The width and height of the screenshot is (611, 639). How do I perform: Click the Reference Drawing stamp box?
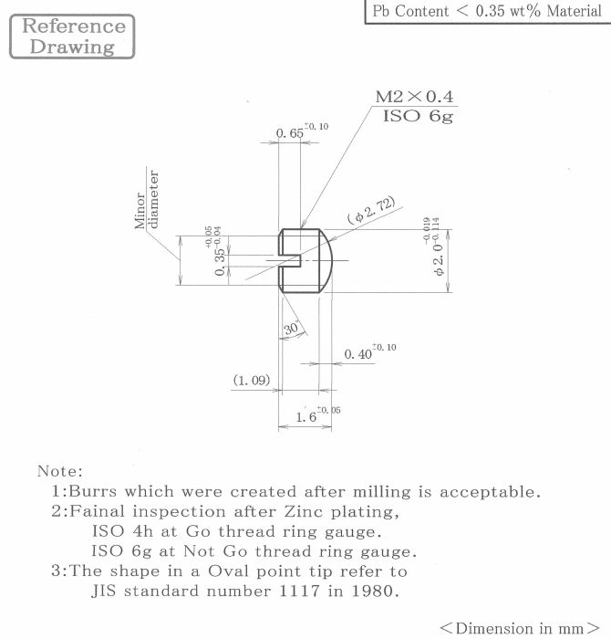72,37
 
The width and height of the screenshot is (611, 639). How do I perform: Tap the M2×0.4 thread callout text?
414,97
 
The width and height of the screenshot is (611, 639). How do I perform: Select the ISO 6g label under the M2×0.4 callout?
418,116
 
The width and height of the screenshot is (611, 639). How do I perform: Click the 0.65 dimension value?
289,133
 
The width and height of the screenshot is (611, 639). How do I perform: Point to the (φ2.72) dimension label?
371,210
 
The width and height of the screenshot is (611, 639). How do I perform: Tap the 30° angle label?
292,328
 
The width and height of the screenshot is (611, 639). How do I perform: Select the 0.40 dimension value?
358,354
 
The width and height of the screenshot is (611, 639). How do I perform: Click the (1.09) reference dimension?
252,381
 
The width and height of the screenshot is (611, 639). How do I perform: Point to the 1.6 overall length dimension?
306,417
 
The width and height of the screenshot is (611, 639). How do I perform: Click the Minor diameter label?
146,199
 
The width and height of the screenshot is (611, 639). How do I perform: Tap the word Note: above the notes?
60,471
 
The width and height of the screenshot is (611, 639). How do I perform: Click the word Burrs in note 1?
93,491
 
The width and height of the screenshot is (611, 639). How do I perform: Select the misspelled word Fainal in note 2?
98,511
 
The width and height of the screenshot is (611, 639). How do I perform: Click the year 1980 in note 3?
375,591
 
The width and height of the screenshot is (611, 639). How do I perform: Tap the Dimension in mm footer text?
520,628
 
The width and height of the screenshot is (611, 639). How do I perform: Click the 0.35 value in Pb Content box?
491,11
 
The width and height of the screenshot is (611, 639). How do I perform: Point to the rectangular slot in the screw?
290,261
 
